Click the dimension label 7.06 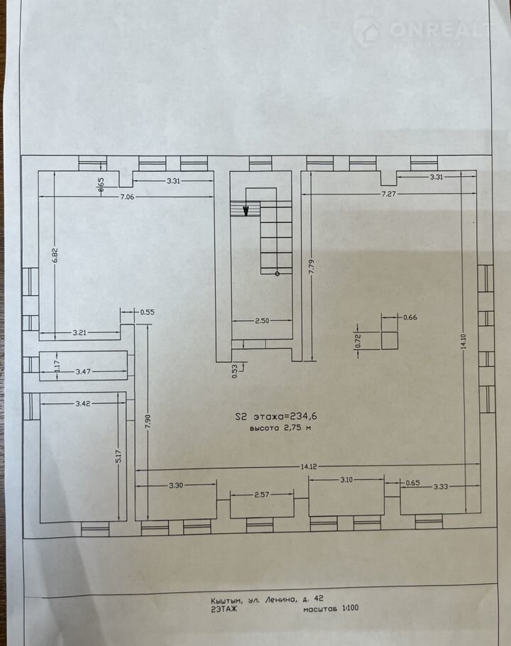(127, 197)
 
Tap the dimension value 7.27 (389, 194)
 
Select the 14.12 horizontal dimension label (309, 467)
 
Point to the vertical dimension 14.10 (463, 341)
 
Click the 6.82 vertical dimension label (55, 255)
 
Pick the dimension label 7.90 (148, 422)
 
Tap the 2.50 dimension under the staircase (262, 321)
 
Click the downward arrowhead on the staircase (246, 211)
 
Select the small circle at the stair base (277, 273)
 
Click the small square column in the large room (390, 340)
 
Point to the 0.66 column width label (410, 317)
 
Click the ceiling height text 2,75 (293, 427)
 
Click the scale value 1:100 (351, 608)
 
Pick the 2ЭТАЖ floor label (224, 609)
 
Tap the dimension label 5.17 (119, 456)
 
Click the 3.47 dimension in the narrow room (83, 371)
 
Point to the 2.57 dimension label (262, 494)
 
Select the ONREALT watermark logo (418, 32)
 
